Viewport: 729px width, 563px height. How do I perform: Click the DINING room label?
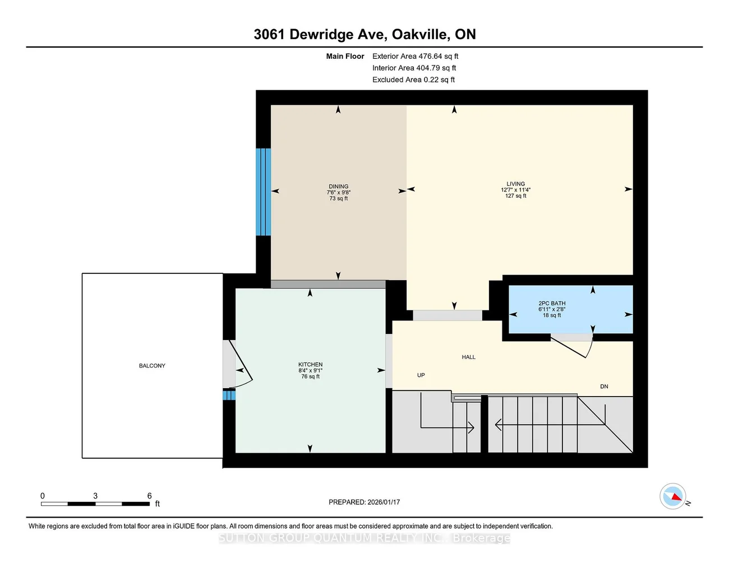[338, 187]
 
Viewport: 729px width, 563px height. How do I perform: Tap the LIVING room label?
[516, 184]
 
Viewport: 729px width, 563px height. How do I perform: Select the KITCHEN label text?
[310, 364]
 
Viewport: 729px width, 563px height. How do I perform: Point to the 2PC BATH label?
[552, 303]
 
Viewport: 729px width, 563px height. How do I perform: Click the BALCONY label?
[152, 366]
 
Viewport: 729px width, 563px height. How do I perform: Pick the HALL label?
[468, 357]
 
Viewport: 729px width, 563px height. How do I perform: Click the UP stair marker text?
[421, 375]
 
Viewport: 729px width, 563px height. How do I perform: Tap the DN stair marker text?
[604, 387]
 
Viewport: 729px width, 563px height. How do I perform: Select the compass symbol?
[673, 496]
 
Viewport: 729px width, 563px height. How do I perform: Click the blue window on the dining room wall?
[264, 192]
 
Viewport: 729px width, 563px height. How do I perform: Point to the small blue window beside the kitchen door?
[229, 395]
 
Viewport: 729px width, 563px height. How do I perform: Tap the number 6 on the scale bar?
[149, 496]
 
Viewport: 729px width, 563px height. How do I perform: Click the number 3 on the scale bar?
[95, 496]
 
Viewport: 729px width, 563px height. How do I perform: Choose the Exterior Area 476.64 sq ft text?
[415, 56]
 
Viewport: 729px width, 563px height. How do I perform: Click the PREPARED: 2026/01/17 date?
[364, 502]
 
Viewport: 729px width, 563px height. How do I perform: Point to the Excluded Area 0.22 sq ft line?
[413, 80]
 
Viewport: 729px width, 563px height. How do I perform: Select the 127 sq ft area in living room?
[516, 196]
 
